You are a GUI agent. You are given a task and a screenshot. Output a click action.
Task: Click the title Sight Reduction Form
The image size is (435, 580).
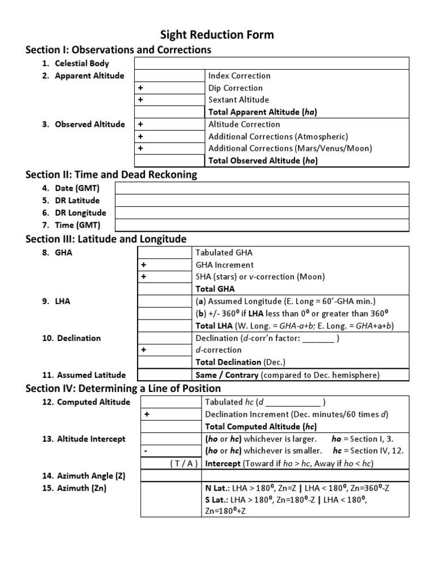click(x=217, y=35)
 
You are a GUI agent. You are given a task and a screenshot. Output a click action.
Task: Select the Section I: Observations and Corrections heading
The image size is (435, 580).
click(x=118, y=50)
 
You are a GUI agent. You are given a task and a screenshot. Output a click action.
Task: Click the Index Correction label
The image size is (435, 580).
click(x=240, y=76)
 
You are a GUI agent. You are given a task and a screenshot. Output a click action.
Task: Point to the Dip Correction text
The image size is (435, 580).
click(x=236, y=88)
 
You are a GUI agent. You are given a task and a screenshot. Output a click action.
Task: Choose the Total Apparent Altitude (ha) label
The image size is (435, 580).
click(x=262, y=112)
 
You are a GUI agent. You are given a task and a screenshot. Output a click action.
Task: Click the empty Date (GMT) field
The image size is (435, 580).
click(x=261, y=188)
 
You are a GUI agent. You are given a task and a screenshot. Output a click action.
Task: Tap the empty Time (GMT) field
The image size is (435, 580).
click(x=261, y=225)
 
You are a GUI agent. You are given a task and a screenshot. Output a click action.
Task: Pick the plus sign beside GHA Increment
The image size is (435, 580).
click(x=144, y=265)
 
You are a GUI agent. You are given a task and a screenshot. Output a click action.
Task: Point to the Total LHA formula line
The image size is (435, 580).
click(x=295, y=326)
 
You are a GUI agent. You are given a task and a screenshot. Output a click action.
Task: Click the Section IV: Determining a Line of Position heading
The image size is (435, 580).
click(x=123, y=389)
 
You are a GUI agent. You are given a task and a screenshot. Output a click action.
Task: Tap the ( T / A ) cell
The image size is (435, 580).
click(x=184, y=463)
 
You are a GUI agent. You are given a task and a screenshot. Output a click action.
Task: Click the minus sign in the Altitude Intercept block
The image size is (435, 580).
click(x=146, y=451)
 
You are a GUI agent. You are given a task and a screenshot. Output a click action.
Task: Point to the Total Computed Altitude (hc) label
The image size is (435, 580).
click(x=261, y=427)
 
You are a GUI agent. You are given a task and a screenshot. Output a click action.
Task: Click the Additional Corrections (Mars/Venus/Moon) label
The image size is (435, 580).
click(x=290, y=148)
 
